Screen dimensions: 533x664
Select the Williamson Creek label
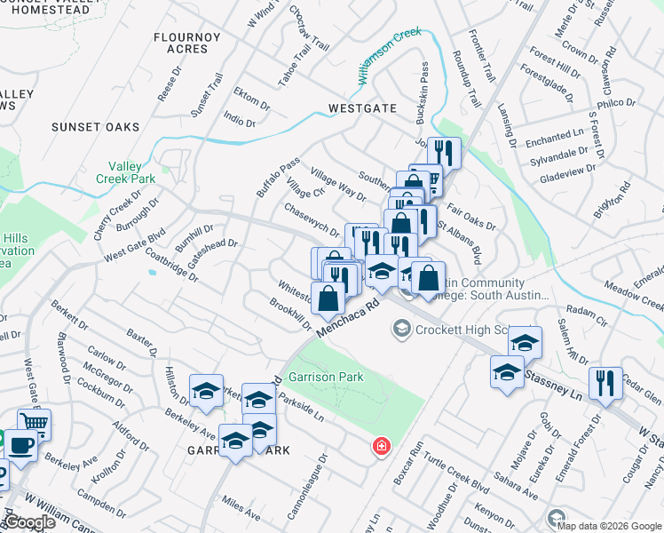tap(391, 60)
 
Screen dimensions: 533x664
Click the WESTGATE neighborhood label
tap(362, 108)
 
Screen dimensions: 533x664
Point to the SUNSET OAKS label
tap(96, 127)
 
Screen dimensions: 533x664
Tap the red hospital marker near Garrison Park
tap(381, 445)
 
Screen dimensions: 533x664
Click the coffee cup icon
tap(22, 447)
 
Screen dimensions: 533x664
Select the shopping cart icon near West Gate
tap(34, 423)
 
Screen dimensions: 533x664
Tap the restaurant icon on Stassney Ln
tap(606, 383)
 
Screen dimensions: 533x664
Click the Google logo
tap(30, 522)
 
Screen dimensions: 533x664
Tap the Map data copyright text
tap(608, 525)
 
